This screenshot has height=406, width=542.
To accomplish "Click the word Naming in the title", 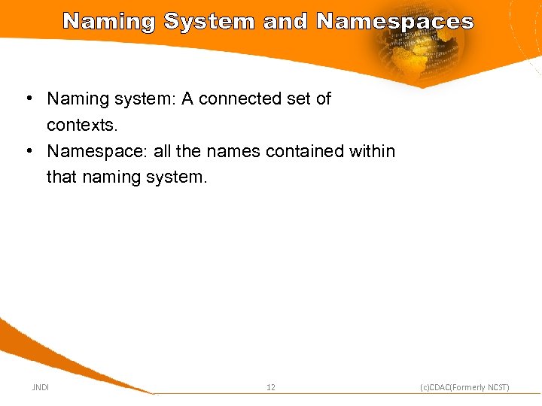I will coord(109,21).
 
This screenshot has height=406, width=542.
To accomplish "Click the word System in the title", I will coord(209,21).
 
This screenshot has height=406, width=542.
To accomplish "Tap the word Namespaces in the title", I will coord(395,21).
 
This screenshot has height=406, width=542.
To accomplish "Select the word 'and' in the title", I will coord(285,21).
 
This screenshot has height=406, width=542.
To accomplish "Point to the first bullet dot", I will coord(27,98).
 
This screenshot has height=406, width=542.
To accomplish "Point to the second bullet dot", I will coord(27,151).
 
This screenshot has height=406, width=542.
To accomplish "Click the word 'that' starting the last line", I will coord(60,177).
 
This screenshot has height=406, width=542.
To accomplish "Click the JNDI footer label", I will coord(40,387).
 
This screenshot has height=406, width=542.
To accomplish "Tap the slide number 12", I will coord(271,387).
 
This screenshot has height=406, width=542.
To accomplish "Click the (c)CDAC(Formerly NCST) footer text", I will coord(464,387).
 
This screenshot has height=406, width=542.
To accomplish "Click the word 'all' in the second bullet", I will coord(162,151).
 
